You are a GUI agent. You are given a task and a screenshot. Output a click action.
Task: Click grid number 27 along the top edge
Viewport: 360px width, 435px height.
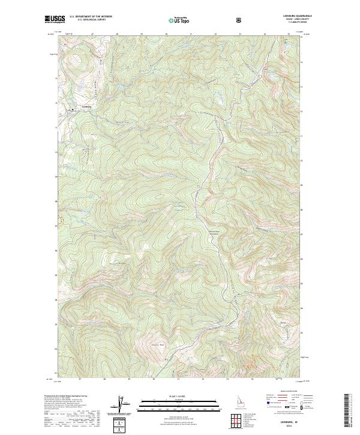coord(92,34)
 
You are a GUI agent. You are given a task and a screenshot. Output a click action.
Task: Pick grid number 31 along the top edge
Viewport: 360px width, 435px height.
coord(190,34)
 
